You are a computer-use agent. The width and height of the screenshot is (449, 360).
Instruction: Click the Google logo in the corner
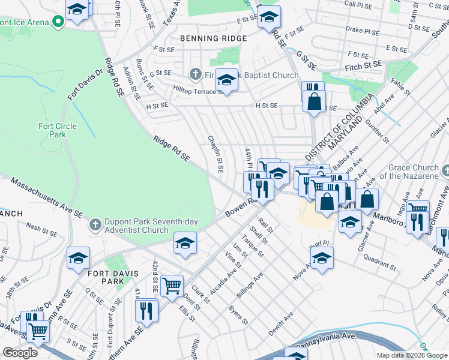[20, 353]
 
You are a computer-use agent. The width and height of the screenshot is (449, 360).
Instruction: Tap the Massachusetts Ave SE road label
[46, 197]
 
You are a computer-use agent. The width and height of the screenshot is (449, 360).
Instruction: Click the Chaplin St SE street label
[215, 154]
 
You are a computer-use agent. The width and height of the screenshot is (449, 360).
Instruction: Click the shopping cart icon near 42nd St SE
[172, 286]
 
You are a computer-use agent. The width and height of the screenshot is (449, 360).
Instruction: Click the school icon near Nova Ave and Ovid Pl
[322, 257]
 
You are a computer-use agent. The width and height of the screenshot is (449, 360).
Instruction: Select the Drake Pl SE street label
[363, 32]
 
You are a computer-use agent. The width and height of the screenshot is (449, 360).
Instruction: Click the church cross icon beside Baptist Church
[194, 75]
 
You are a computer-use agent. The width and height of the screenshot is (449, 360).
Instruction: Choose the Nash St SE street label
[41, 228]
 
